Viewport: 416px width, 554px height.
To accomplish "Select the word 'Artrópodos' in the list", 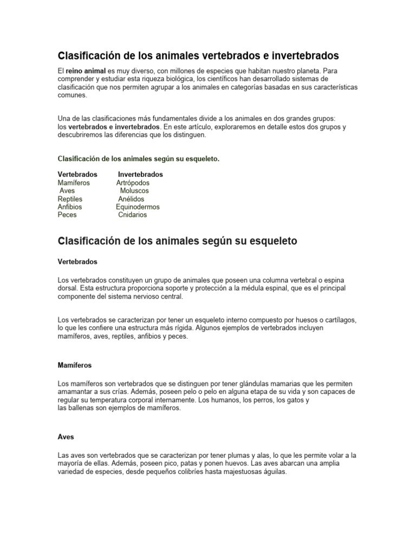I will [x=133, y=183].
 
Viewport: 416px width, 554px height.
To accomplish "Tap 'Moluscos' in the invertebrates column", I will [x=134, y=191].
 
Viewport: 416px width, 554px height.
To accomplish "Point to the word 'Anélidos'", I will [x=131, y=199].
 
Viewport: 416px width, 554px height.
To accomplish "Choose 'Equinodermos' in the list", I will [x=138, y=207].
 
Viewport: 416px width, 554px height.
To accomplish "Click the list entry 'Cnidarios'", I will [x=132, y=215].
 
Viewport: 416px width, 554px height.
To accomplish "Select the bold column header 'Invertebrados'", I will [x=140, y=175].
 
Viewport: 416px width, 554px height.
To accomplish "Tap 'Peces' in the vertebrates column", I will [x=67, y=215].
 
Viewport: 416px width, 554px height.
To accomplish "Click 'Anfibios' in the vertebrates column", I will [x=70, y=207].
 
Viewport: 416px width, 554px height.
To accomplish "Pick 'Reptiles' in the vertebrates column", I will [x=70, y=199].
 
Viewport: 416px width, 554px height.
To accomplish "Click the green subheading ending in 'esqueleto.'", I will [x=138, y=159].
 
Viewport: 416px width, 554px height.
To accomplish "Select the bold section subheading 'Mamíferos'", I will [x=74, y=365].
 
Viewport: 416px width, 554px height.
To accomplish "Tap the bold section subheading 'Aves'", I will [x=66, y=437].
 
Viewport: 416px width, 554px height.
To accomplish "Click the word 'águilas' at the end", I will [x=273, y=472].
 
